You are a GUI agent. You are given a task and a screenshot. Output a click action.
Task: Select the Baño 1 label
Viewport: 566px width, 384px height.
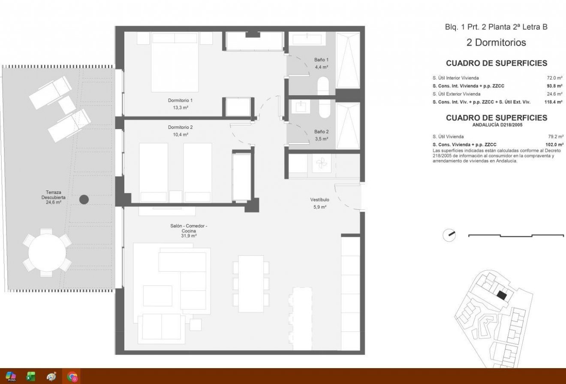pyautogui.click(x=321, y=63)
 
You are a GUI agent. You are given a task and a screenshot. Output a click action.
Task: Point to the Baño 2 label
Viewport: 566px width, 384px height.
pyautogui.click(x=321, y=135)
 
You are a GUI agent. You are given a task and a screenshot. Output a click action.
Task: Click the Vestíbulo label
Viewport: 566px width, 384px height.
pyautogui.click(x=319, y=203)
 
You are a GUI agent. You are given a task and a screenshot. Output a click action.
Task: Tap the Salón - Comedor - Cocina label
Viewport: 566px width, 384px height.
pyautogui.click(x=189, y=231)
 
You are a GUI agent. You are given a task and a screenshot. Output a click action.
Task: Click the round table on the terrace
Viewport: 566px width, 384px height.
pyautogui.click(x=47, y=253)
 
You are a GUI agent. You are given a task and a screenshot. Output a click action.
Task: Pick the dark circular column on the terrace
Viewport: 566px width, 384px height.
pyautogui.click(x=84, y=199)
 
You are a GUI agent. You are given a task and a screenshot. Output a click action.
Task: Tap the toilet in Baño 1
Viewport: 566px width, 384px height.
pyautogui.click(x=324, y=86)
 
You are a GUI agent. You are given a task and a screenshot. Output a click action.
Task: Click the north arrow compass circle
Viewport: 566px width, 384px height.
pyautogui.click(x=449, y=235)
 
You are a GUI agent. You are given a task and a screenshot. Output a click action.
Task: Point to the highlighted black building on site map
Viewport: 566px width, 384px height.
pyautogui.click(x=501, y=295)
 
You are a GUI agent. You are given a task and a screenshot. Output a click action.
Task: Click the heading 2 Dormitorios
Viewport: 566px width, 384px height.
pyautogui.click(x=496, y=43)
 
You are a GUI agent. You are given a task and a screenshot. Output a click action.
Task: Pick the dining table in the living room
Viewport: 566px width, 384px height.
pyautogui.click(x=251, y=284)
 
